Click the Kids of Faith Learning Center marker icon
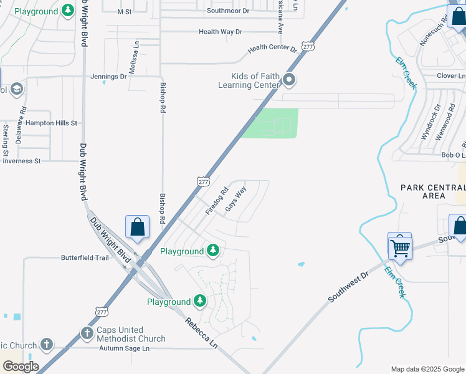(x=289, y=80)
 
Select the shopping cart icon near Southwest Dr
(x=400, y=247)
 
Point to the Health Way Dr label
(x=220, y=32)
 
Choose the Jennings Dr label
(x=108, y=77)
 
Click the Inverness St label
(x=22, y=161)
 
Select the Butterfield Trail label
(x=85, y=257)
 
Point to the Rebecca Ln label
(x=201, y=333)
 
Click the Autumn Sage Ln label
(x=125, y=348)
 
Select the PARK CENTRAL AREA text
(x=432, y=191)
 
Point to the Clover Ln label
(x=447, y=75)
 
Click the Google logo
(x=20, y=367)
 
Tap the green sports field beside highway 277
(x=270, y=123)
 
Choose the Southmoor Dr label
(x=228, y=11)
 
